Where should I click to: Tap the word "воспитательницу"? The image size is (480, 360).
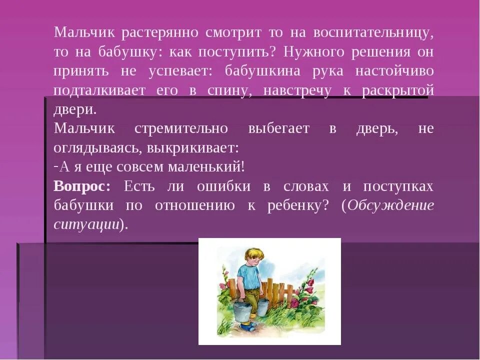coord(373,33)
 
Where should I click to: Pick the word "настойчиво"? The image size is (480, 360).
coord(394,70)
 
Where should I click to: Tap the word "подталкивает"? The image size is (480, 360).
coord(100,90)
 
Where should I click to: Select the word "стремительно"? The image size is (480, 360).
coord(181,128)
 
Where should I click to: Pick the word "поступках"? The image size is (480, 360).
coord(398,186)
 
